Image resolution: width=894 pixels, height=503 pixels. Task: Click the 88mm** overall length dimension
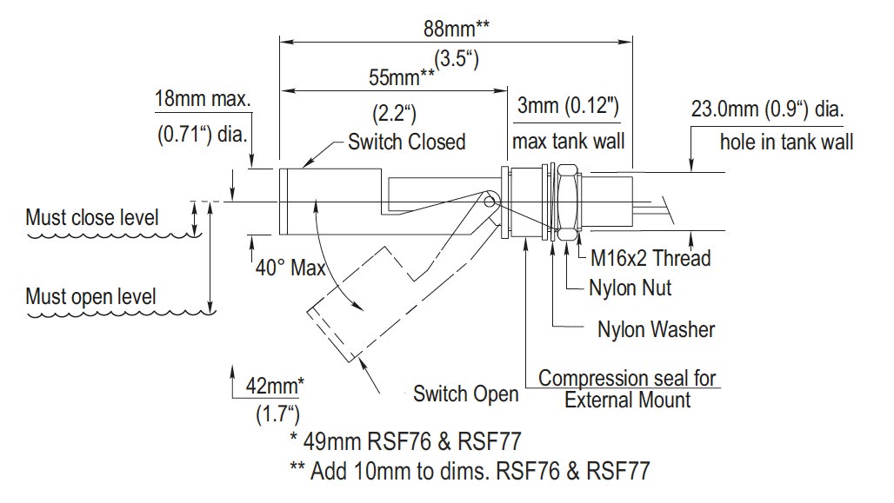(x=455, y=27)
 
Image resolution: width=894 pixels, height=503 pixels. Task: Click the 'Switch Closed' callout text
(x=406, y=142)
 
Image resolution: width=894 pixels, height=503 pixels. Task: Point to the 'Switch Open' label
(x=465, y=394)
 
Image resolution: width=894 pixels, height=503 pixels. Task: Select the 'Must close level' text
(x=92, y=217)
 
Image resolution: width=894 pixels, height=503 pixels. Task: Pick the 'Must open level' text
(x=91, y=296)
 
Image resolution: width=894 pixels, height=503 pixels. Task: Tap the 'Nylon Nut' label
(x=630, y=287)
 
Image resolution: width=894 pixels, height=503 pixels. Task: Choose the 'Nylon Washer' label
(x=656, y=329)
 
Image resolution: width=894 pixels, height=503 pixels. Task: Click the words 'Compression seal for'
(x=627, y=379)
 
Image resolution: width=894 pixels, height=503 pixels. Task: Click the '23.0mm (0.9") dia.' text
(x=768, y=110)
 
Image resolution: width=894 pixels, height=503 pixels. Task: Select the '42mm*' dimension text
(x=276, y=383)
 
